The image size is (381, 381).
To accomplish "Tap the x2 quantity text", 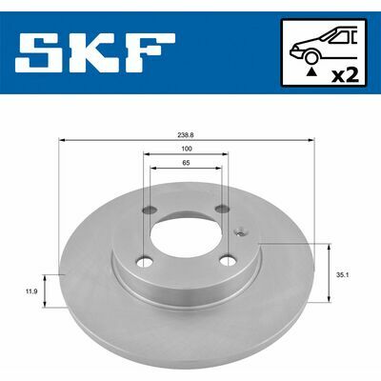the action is point(345,76).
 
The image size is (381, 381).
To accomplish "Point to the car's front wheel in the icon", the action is point(311,58).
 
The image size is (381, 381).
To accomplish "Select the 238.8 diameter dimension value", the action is point(187,134).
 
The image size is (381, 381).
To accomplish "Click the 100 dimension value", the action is point(187,149).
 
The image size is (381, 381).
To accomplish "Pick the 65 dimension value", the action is point(186,163).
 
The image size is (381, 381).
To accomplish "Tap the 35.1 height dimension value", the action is point(343,275).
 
